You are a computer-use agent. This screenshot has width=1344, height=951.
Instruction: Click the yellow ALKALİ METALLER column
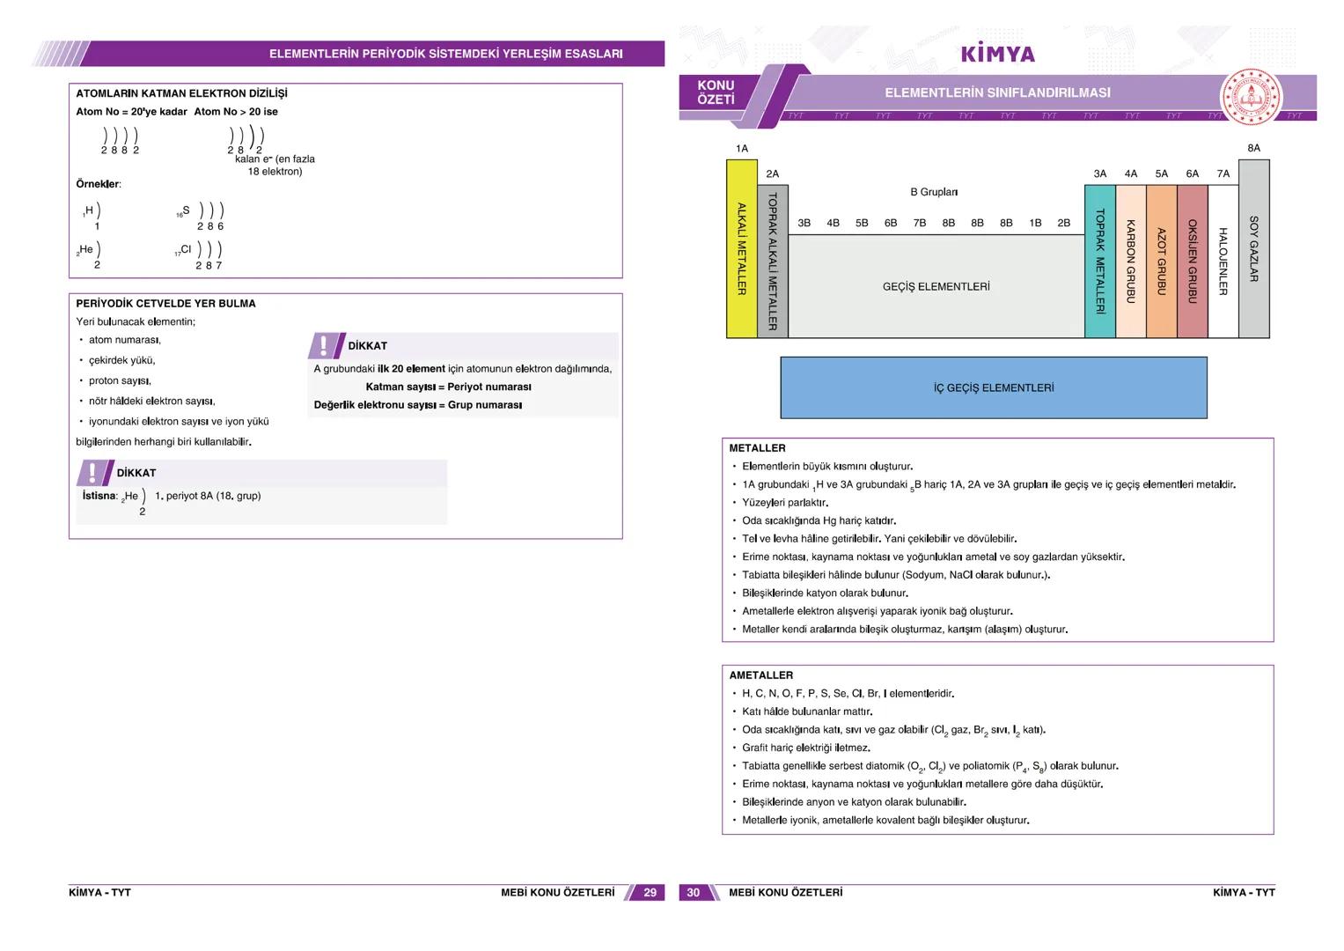[742, 248]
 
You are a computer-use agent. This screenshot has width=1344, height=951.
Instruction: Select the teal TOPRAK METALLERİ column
[1100, 262]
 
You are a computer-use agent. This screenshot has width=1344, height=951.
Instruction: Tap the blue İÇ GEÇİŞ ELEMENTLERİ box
[994, 387]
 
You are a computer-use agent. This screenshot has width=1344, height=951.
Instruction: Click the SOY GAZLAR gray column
[1254, 248]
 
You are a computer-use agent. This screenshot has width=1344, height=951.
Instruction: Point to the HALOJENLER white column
[1223, 262]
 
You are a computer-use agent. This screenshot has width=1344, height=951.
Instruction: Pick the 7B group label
[920, 223]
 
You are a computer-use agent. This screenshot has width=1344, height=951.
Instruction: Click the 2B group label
[1064, 223]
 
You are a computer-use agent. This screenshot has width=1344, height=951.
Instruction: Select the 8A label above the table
[1254, 148]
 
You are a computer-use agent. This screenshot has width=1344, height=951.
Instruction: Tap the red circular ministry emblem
[1251, 97]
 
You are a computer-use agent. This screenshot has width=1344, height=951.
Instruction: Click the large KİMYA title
[998, 54]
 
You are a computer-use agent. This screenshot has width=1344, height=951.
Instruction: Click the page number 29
[650, 892]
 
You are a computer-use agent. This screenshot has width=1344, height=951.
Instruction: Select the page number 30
[693, 892]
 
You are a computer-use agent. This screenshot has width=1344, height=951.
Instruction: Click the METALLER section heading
[757, 448]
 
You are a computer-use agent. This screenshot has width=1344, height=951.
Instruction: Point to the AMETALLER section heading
[760, 675]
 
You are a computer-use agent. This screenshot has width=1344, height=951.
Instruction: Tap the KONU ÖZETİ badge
[716, 92]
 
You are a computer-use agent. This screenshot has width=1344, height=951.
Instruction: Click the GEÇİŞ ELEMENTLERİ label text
[936, 286]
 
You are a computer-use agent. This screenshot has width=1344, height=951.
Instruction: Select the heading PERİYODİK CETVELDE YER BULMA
[165, 303]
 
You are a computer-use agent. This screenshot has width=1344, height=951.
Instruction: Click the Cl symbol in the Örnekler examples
[186, 248]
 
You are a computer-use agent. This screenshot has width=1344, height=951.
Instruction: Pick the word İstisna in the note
[99, 495]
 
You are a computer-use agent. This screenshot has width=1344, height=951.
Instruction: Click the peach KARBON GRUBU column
[1130, 262]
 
